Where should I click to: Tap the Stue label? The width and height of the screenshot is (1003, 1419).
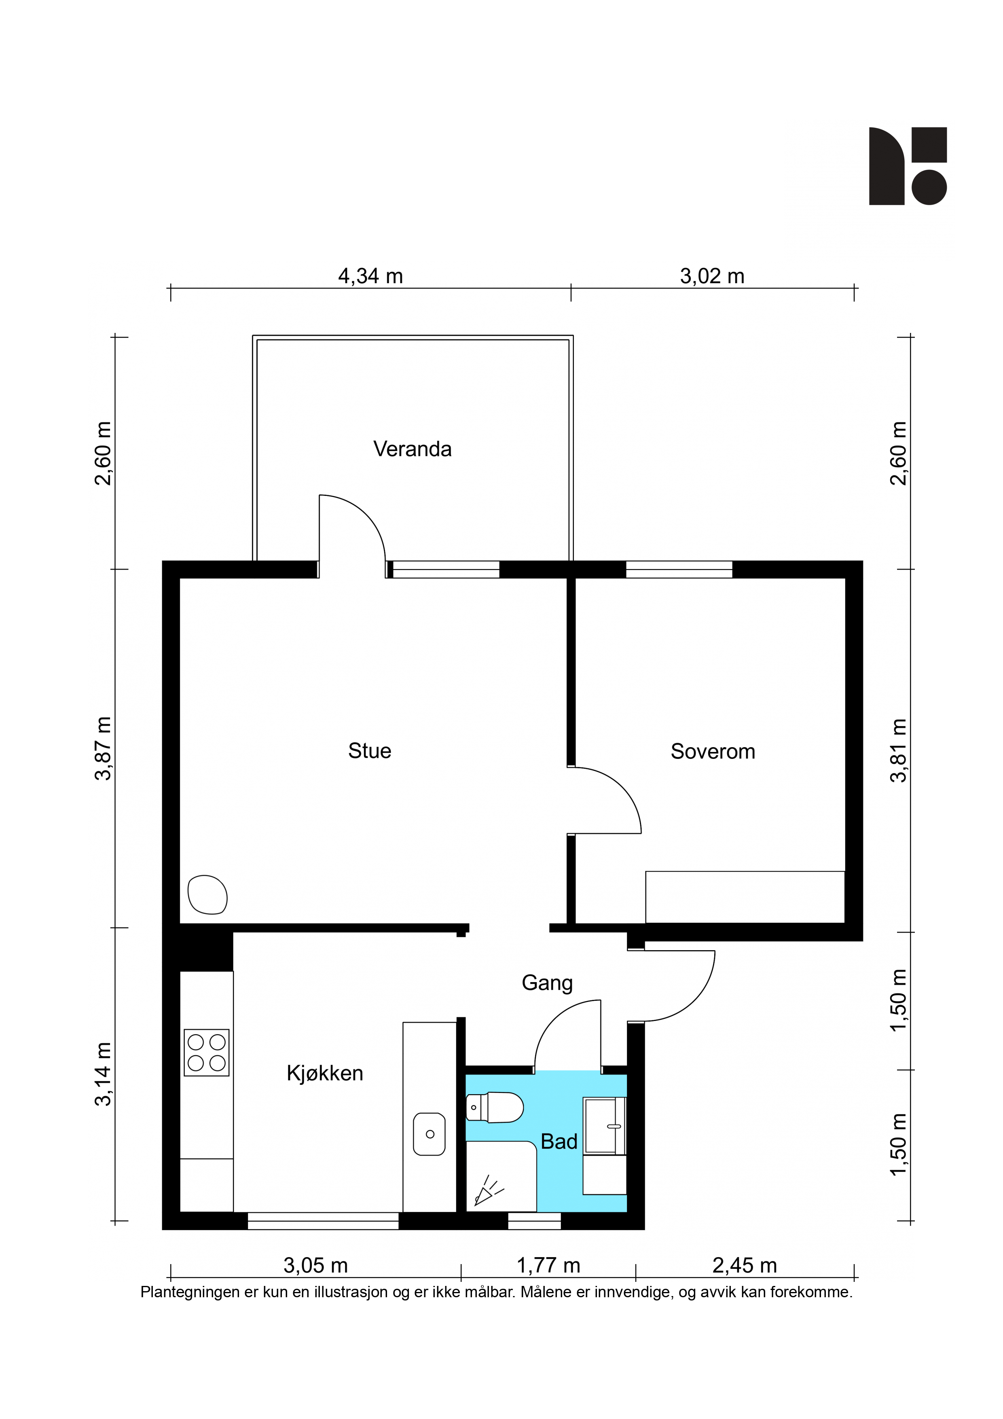(x=370, y=751)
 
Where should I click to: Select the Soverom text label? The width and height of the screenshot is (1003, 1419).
(x=713, y=752)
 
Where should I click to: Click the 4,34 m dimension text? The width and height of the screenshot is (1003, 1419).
(x=370, y=276)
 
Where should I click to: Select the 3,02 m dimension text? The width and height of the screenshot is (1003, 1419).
(x=712, y=276)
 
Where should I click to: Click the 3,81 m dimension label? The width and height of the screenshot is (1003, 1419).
(x=899, y=750)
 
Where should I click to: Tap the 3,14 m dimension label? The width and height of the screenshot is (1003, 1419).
(x=103, y=1074)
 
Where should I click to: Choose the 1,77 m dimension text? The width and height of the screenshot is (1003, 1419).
(x=548, y=1266)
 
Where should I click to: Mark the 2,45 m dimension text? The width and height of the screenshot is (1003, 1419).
(x=744, y=1266)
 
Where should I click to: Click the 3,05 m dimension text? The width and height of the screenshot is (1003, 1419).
(x=316, y=1266)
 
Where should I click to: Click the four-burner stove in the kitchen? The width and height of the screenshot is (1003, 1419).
(x=206, y=1053)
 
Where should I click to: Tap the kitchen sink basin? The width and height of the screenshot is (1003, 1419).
(x=430, y=1134)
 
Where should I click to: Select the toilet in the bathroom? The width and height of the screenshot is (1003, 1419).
(x=494, y=1107)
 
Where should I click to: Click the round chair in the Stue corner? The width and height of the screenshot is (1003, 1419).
(x=207, y=894)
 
